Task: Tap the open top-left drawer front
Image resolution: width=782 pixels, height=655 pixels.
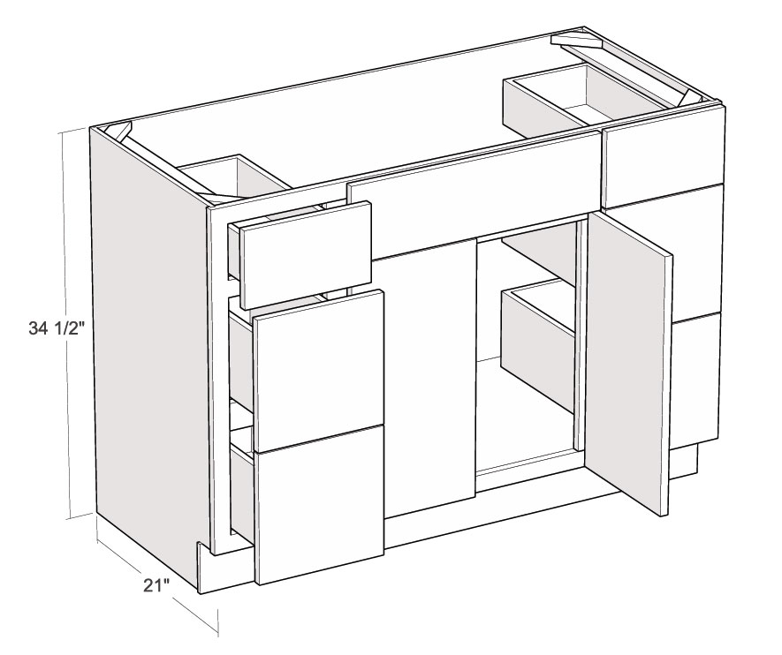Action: point(306,254)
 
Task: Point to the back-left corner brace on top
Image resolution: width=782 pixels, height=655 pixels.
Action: point(123,131)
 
